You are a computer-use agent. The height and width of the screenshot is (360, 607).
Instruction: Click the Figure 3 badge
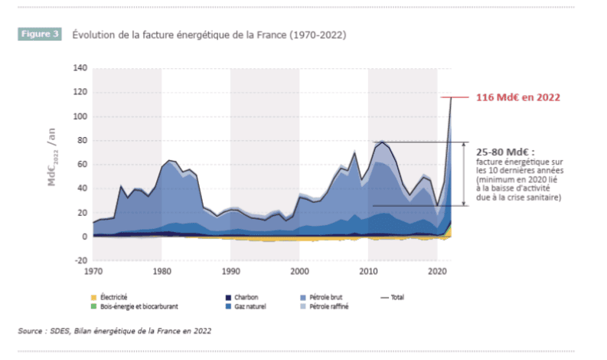tap(38, 34)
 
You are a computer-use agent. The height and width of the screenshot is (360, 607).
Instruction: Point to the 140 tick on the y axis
tap(79, 68)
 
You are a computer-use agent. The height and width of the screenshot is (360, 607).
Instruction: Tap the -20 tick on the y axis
tap(80, 260)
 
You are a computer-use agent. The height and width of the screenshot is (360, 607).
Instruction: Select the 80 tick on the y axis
tap(81, 141)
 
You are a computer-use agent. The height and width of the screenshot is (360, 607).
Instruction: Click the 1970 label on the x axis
tap(93, 272)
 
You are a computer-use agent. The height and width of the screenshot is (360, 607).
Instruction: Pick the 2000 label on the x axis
tap(299, 272)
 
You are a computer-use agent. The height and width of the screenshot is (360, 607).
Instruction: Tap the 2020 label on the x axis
tap(437, 272)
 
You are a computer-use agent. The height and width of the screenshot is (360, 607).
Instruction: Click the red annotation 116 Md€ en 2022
tap(518, 97)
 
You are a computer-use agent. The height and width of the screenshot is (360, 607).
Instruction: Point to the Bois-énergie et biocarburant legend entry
tap(138, 306)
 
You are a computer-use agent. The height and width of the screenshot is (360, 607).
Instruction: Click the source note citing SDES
tap(115, 331)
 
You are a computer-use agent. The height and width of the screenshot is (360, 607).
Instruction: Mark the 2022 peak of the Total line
tap(451, 97)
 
